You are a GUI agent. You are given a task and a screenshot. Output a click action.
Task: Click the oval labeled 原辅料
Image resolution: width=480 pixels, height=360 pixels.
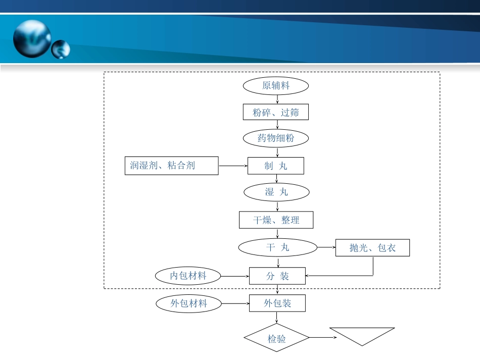pos(276,86)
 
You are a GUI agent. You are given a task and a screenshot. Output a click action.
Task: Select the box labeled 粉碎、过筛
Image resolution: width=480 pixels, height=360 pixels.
pos(276,112)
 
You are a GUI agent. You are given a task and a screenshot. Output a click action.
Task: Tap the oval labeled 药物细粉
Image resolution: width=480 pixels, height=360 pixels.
pos(276,138)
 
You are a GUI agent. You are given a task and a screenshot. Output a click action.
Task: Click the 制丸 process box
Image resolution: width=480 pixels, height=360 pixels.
pos(276,166)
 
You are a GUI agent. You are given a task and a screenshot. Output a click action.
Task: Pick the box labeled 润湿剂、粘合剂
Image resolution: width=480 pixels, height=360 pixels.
pos(171,166)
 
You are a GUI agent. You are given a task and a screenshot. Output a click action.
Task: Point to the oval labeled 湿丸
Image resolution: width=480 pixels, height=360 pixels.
pos(276,192)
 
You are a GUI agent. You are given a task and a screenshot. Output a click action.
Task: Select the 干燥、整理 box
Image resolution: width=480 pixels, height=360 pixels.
pos(276,220)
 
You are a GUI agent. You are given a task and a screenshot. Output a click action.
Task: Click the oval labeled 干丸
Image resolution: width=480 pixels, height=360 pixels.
pos(277,247)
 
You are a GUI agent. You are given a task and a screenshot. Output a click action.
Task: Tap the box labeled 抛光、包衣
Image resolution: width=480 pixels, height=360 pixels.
pos(372,248)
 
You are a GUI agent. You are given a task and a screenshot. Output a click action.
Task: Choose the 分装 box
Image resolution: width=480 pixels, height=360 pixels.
pos(277,276)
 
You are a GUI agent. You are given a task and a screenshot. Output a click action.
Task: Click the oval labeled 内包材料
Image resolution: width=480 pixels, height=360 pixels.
pos(188,276)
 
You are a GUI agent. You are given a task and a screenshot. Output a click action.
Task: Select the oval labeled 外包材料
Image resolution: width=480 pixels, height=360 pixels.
pos(188,303)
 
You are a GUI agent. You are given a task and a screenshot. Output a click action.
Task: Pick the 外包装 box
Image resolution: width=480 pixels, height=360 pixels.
pos(277,303)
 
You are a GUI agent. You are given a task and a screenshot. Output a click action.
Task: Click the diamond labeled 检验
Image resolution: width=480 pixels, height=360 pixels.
pos(276,338)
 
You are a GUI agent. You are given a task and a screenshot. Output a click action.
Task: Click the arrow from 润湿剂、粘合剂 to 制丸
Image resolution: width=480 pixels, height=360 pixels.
pos(233,166)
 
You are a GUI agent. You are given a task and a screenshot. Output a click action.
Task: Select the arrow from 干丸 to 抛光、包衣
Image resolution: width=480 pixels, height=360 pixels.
pos(326,247)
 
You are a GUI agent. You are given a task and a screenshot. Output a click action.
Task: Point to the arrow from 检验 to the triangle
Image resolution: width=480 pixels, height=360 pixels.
pos(319,337)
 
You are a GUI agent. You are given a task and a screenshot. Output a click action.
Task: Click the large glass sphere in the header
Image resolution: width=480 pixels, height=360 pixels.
pos(32,38)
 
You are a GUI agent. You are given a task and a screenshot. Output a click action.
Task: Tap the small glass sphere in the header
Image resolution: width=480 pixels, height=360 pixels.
pos(61,49)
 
